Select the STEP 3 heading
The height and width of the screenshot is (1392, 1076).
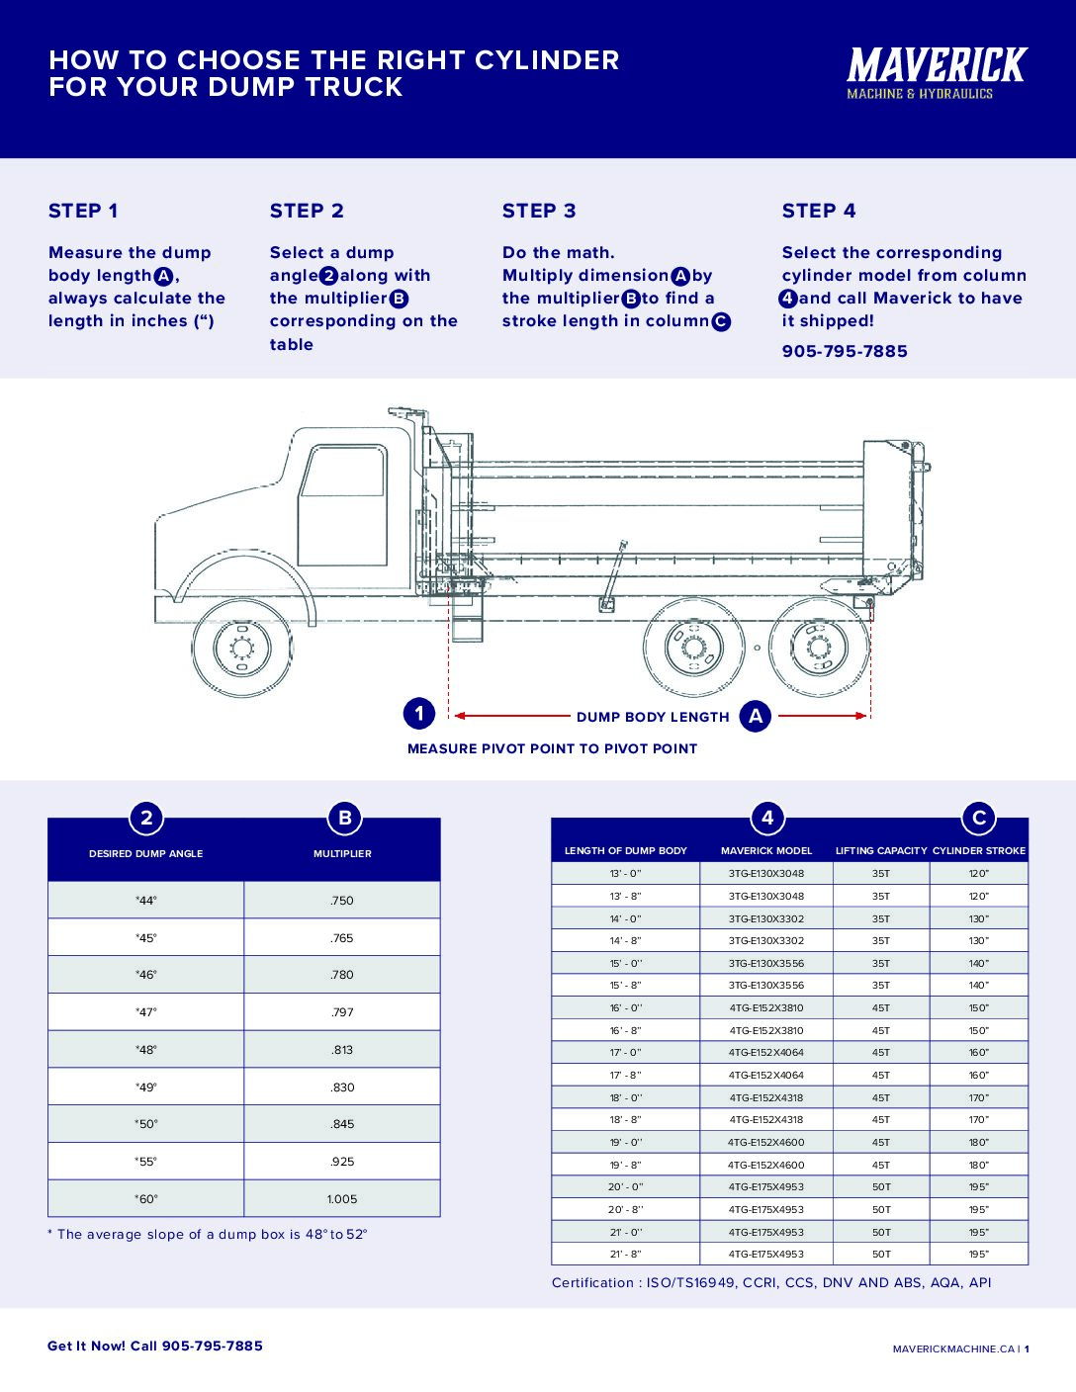(x=539, y=211)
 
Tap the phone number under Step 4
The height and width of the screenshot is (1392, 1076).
(x=845, y=351)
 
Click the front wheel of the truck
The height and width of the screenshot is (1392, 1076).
(x=240, y=649)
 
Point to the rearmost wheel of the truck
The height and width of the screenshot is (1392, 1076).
(x=819, y=649)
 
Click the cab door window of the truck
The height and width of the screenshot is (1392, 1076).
(x=342, y=472)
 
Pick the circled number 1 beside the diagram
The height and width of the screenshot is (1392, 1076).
(x=419, y=714)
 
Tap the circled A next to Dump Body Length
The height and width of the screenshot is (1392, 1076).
(x=756, y=716)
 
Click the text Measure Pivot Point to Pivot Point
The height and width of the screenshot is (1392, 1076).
(x=552, y=748)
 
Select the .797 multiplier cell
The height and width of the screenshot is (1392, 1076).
(x=342, y=1012)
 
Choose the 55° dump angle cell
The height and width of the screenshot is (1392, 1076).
(x=146, y=1162)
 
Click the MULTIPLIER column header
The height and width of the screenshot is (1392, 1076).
(x=342, y=853)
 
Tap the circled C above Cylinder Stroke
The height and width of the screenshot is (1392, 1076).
(x=979, y=818)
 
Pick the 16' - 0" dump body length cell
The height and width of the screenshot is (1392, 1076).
(x=625, y=1008)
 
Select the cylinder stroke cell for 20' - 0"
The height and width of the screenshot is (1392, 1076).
(x=978, y=1187)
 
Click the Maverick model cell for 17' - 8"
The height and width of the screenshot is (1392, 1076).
(x=766, y=1076)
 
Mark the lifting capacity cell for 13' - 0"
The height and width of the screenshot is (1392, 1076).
(x=880, y=874)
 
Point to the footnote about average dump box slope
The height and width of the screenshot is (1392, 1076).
(x=208, y=1234)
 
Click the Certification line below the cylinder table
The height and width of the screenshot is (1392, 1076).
(x=771, y=1282)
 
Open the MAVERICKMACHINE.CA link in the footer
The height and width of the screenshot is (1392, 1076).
(x=953, y=1348)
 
